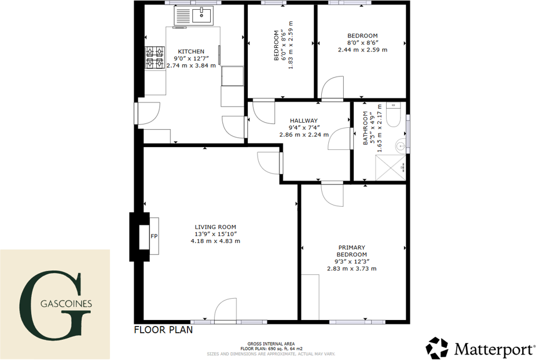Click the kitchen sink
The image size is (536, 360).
click(194, 16)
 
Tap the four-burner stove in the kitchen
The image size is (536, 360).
click(155, 57)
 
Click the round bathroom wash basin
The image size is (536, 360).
click(401, 146)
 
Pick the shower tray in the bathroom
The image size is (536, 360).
click(390, 167)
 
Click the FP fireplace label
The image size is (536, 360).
click(154, 236)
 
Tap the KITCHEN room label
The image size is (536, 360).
click(191, 52)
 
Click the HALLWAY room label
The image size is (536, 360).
click(304, 121)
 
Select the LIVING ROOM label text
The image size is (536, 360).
click(215, 227)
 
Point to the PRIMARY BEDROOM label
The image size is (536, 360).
click(352, 251)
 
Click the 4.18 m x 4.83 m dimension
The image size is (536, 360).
click(215, 241)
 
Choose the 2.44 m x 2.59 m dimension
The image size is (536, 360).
click(363, 50)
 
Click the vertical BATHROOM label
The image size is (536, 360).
click(365, 128)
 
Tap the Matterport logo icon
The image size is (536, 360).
click(436, 348)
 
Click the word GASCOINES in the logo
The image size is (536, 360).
click(66, 304)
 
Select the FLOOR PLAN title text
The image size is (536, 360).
click(163, 330)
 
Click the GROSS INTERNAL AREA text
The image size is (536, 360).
click(271, 344)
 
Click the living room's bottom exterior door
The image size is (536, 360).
click(225, 310)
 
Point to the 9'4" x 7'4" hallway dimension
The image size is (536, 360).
click(304, 128)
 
